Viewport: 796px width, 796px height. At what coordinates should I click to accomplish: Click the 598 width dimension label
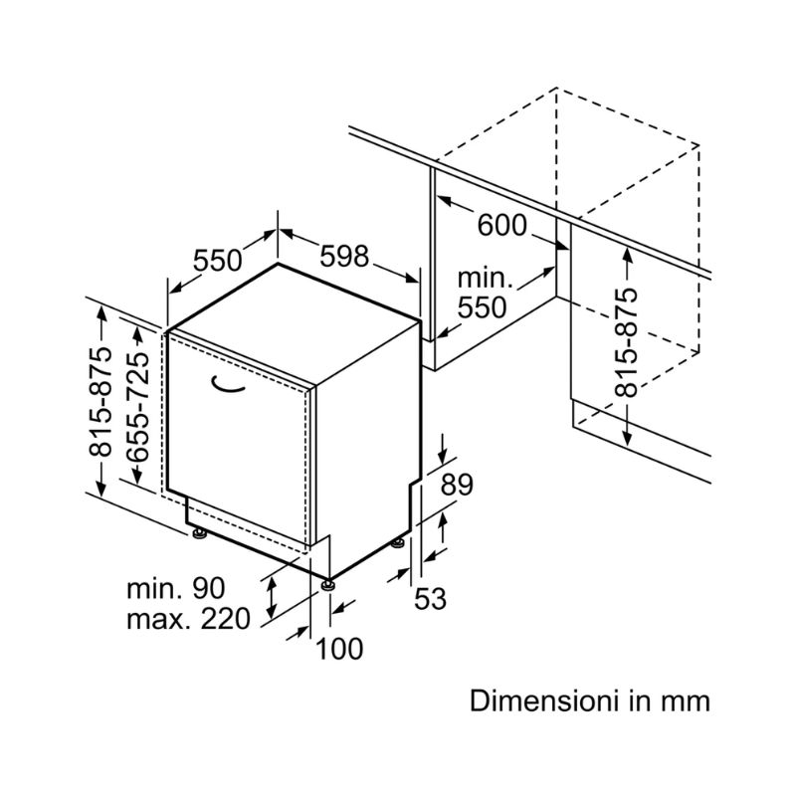tap(343, 256)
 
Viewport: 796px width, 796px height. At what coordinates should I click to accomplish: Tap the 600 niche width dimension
tap(502, 226)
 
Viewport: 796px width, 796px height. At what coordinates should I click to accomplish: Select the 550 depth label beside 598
tap(217, 261)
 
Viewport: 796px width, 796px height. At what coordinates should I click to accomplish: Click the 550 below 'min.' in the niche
tap(482, 307)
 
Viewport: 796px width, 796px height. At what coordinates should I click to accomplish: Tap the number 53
tap(430, 599)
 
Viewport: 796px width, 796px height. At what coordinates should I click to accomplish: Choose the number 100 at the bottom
tap(339, 649)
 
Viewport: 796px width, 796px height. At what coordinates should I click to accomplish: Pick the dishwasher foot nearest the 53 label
tap(399, 542)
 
